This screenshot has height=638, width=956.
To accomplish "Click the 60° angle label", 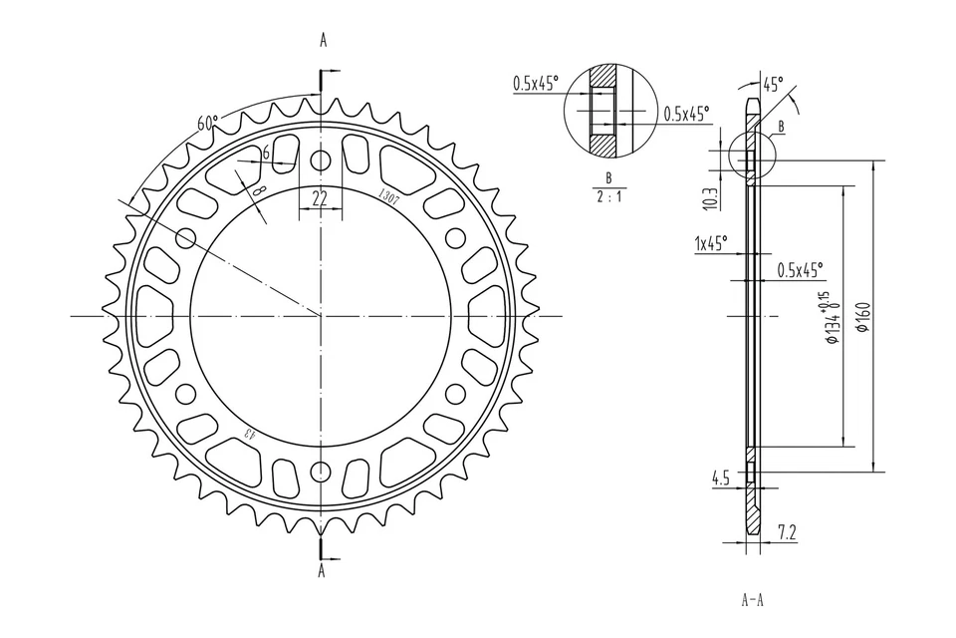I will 207,123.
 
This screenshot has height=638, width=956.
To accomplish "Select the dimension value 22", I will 320,197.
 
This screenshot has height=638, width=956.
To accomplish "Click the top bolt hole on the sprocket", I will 320,160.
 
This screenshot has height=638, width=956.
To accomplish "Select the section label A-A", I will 753,600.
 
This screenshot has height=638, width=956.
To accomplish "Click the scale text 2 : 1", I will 608,196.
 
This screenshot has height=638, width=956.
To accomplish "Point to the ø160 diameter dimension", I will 863,316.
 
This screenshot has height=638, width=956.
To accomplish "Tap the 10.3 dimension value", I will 709,198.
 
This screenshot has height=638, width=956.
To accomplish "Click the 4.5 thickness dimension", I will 721,478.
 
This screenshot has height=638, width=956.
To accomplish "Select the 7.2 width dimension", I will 786,533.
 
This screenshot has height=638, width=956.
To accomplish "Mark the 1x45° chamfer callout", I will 711,242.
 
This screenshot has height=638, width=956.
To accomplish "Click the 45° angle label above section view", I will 772,83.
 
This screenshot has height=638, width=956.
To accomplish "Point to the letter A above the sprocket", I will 322,40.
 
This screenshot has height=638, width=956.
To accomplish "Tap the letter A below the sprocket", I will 322,571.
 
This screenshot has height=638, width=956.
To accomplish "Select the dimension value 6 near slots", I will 266,153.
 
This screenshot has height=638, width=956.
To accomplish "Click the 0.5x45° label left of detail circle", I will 536,84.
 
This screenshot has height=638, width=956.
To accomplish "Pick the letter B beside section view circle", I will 781,127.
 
